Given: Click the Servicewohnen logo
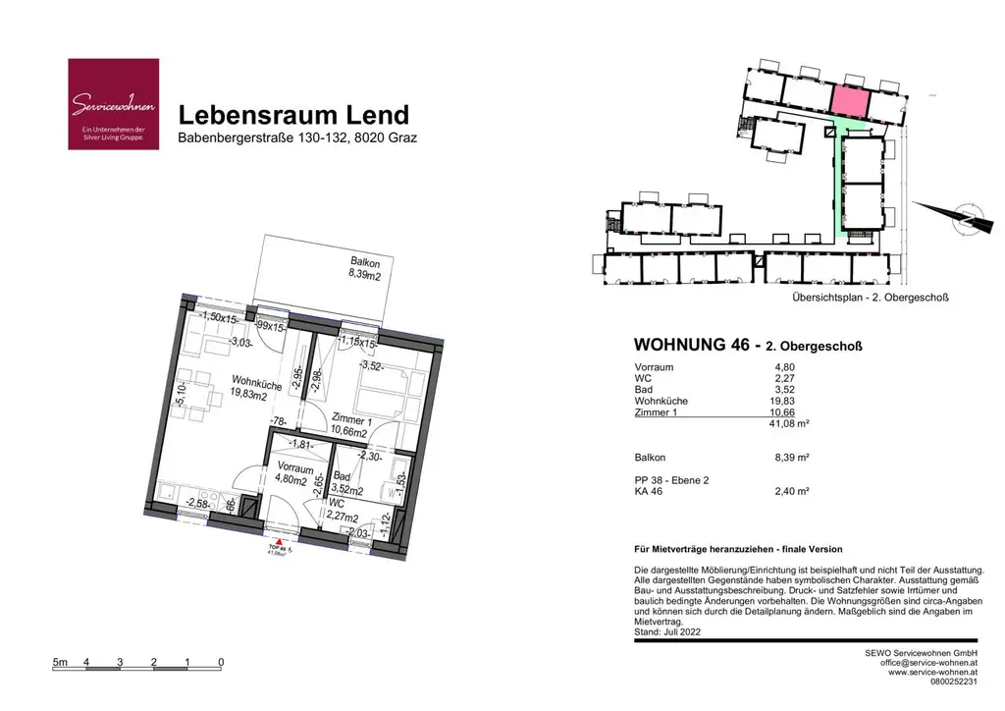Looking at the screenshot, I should pos(113,104).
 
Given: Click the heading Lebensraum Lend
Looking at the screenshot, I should pos(293,115).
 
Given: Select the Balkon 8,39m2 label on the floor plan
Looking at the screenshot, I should pos(364,269).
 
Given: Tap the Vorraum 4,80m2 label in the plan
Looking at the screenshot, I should pos(293,473).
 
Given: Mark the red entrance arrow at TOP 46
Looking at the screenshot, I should pos(280,540).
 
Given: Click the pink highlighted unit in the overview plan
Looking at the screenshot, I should pos(850,98).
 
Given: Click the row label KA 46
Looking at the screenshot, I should pos(650,491).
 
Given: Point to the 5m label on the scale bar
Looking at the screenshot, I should pos(60,662).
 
